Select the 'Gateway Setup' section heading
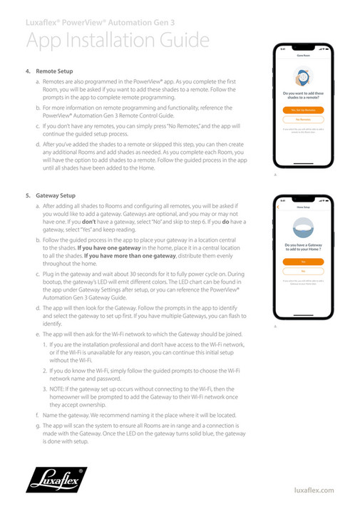56,195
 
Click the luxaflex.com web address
314,490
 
